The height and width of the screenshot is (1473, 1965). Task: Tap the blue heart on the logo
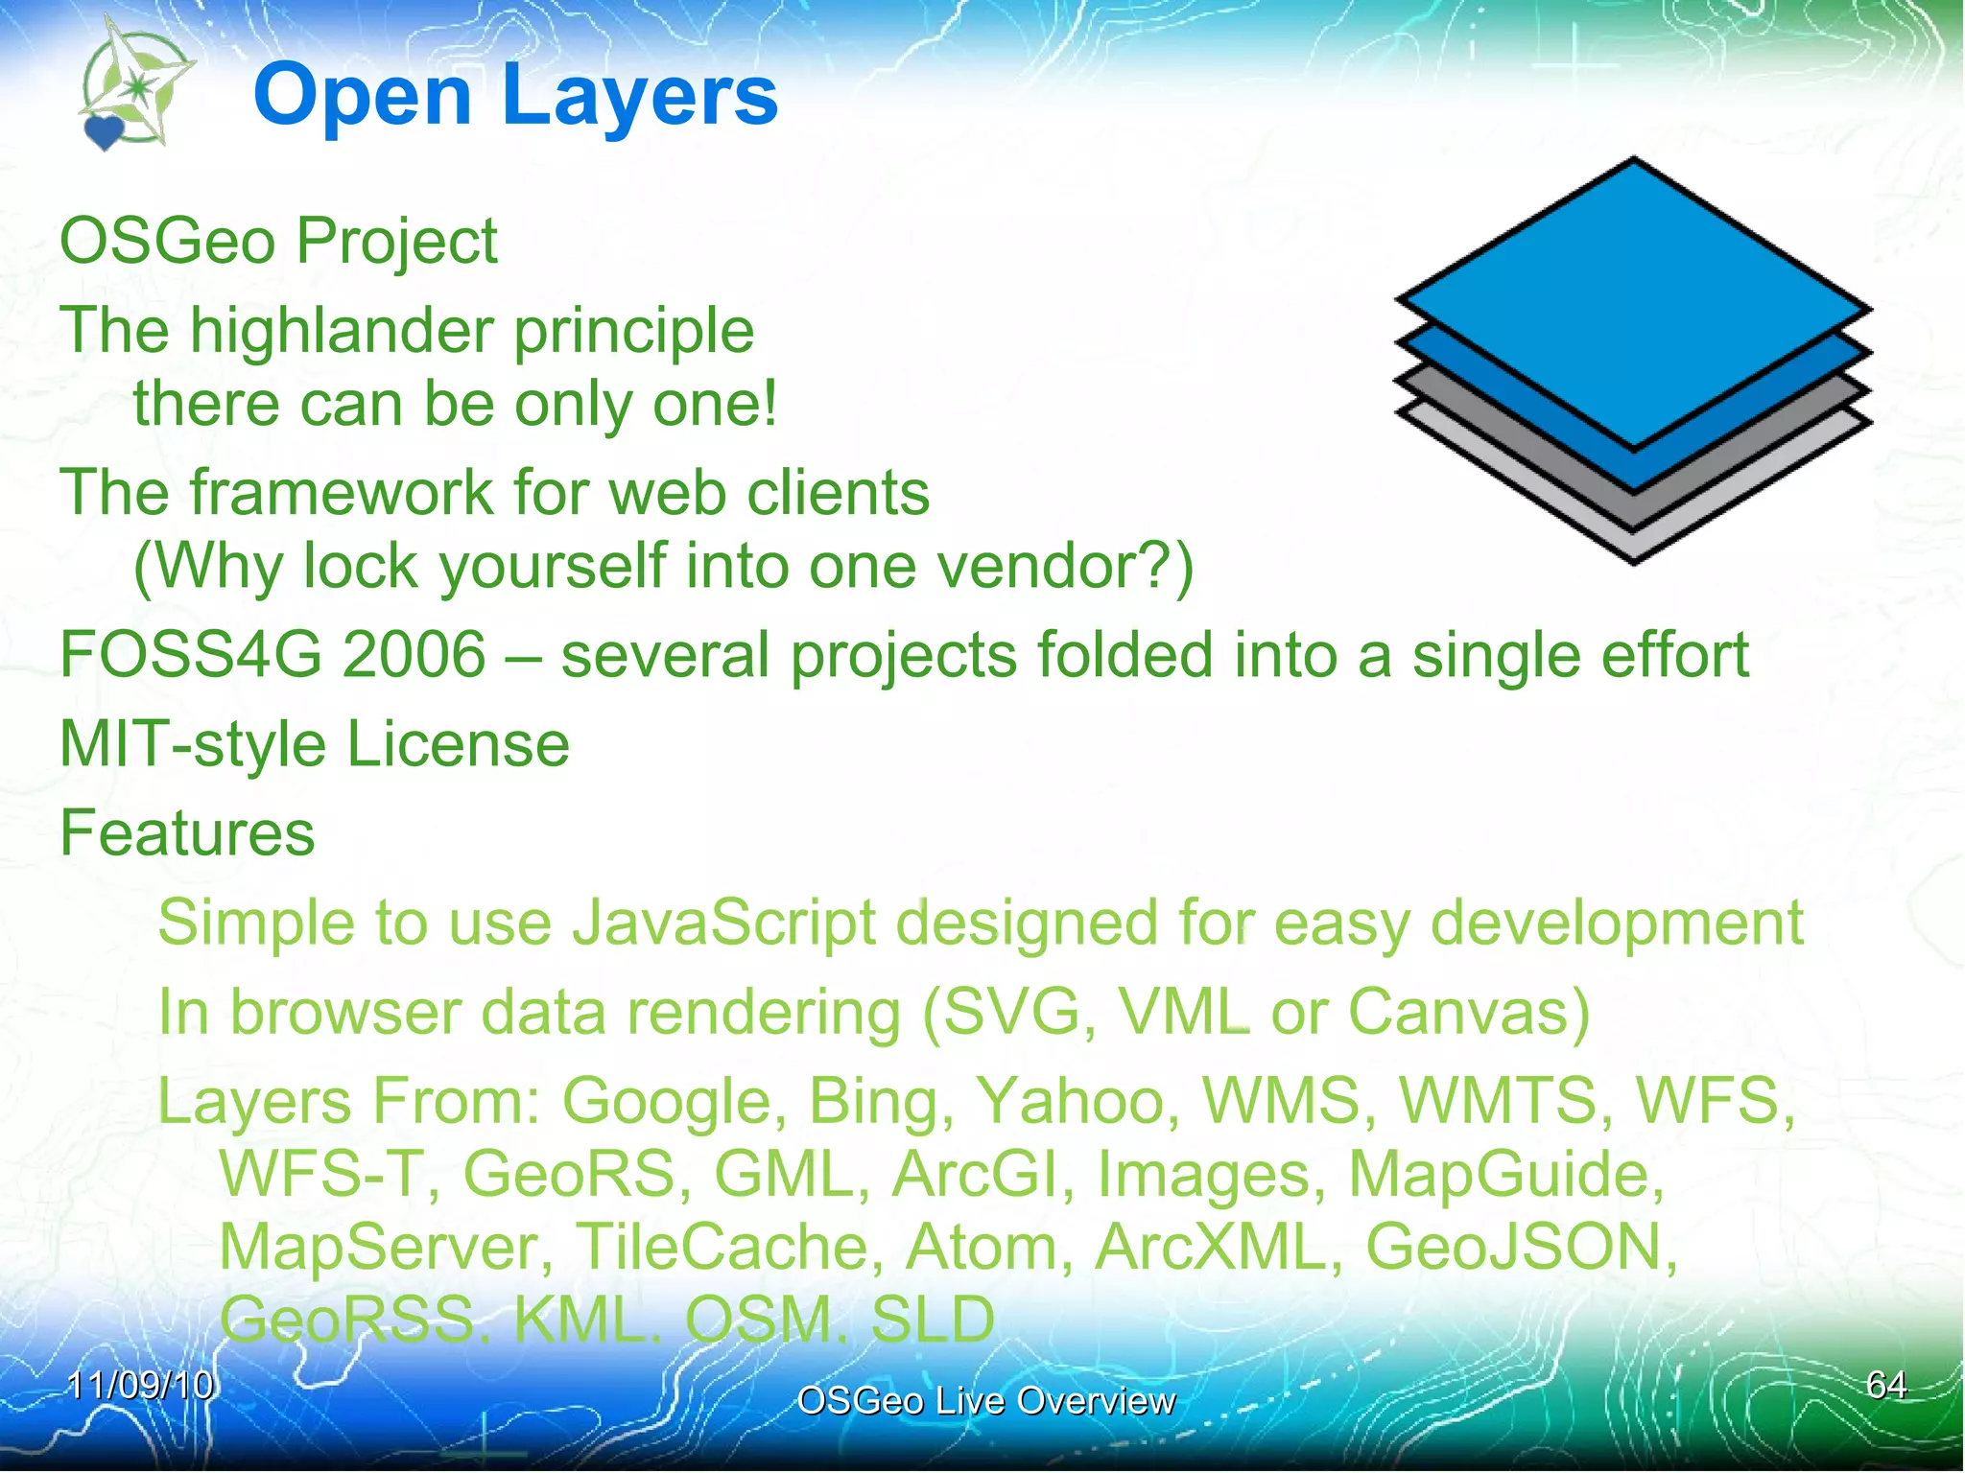pos(103,131)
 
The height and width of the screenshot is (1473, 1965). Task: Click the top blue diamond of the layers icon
pos(1634,302)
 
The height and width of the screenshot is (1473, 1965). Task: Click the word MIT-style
pos(193,745)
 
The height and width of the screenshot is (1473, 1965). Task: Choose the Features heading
pos(187,832)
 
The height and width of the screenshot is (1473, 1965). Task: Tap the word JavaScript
pos(723,923)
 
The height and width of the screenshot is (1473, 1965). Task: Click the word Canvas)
pos(1468,1012)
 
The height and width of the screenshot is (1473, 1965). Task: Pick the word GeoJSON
pos(1520,1247)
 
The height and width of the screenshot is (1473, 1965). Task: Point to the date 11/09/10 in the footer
pos(141,1385)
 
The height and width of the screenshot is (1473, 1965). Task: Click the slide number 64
pos(1885,1385)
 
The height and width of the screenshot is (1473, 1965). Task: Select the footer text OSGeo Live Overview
pos(985,1401)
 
